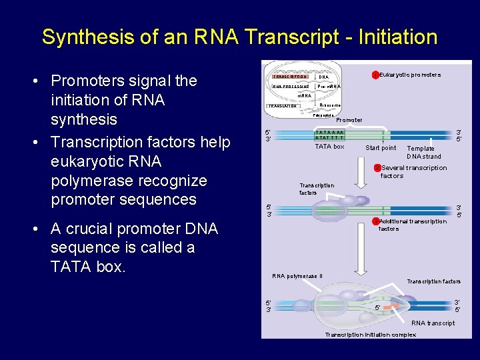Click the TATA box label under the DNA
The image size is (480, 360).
tap(329, 147)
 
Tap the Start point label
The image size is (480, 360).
tap(381, 148)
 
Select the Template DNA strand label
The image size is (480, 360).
tap(424, 153)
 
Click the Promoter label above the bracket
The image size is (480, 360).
tap(349, 120)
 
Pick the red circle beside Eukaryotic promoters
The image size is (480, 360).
tap(375, 75)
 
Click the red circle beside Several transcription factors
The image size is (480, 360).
tap(377, 168)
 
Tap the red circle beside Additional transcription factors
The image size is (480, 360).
tap(375, 221)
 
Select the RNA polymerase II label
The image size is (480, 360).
tap(297, 276)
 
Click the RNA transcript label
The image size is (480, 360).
tap(433, 323)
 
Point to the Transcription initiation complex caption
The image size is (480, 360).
tap(370, 335)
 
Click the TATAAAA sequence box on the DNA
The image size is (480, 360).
tap(329, 135)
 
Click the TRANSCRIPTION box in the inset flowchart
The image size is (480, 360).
tap(289, 77)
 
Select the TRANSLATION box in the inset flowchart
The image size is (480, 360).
tap(283, 106)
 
